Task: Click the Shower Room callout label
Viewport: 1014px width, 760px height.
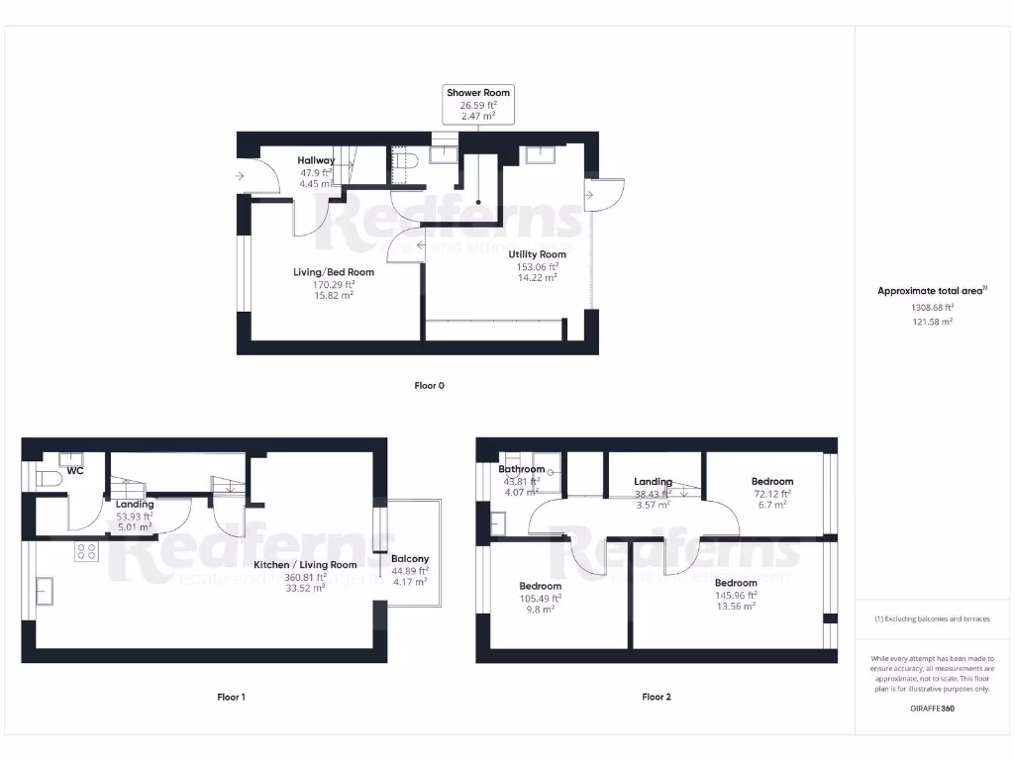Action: (x=478, y=93)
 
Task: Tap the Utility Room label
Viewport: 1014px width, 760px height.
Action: (x=538, y=254)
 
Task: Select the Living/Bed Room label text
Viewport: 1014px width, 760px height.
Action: (x=334, y=272)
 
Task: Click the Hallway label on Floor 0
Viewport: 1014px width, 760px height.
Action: (x=317, y=160)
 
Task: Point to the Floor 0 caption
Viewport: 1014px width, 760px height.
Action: (x=429, y=386)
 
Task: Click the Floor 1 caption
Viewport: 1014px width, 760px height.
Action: (x=231, y=697)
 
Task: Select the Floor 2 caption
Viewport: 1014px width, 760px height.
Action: (x=657, y=697)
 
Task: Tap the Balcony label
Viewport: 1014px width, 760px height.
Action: (x=410, y=559)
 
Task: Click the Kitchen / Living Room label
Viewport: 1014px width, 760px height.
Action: (x=305, y=565)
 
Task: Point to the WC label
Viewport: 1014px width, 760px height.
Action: (x=75, y=471)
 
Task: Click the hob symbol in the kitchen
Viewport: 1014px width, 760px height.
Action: (x=86, y=552)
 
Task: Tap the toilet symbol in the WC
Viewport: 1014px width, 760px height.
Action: (x=50, y=479)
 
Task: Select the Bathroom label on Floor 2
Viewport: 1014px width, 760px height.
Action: (x=521, y=469)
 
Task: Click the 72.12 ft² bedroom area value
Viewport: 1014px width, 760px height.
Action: (x=772, y=494)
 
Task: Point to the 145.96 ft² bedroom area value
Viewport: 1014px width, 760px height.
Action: (x=736, y=595)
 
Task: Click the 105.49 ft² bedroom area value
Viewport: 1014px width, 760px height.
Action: (x=541, y=598)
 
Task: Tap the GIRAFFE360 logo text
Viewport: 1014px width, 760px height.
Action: (x=932, y=709)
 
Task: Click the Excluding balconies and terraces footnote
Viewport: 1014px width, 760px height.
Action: (x=932, y=619)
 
